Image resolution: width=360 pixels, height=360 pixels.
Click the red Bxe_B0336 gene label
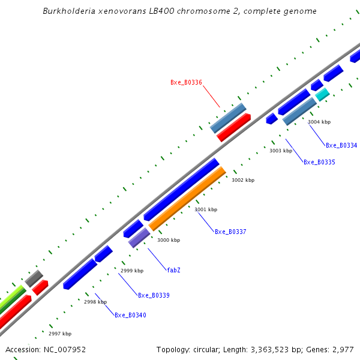[186, 83]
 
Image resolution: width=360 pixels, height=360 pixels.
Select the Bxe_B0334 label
[341, 145]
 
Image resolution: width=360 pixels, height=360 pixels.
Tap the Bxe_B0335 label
[319, 162]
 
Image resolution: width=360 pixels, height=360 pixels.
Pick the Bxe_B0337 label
[230, 232]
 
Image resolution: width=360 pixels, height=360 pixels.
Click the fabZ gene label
[173, 270]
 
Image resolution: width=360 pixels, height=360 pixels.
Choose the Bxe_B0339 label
[154, 295]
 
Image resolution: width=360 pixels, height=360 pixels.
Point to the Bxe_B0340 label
[130, 315]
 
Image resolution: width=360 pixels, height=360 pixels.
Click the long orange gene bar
[187, 199]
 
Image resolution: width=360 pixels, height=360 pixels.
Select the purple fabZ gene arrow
[139, 238]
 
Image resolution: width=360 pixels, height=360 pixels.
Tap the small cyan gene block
[322, 94]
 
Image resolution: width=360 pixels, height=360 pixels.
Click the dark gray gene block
[34, 278]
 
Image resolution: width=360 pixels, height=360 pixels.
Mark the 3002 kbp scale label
[243, 180]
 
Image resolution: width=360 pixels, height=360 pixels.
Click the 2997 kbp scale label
[60, 334]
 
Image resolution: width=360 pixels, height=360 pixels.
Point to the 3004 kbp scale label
[319, 122]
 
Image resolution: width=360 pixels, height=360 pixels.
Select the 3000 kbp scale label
[169, 240]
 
